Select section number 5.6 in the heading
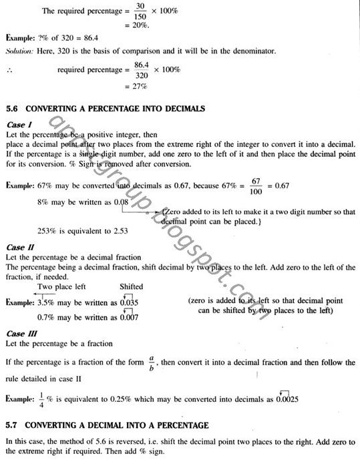(13, 109)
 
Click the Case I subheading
(15, 125)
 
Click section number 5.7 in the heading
(13, 425)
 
